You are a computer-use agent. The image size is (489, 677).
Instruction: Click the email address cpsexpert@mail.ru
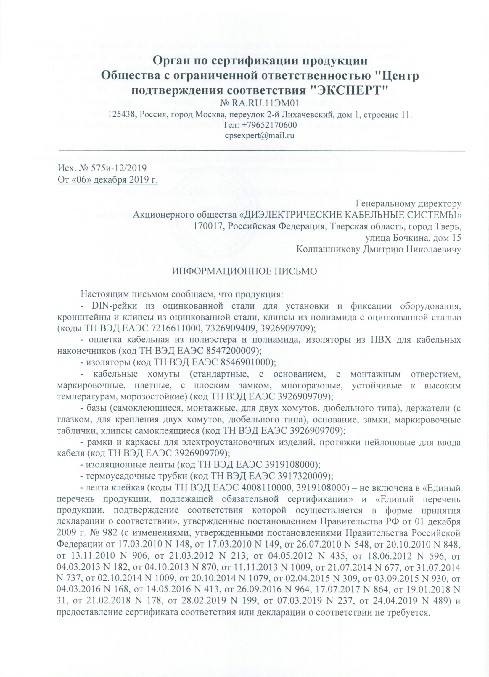(259, 135)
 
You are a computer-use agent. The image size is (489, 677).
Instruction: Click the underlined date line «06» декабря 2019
(108, 180)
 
